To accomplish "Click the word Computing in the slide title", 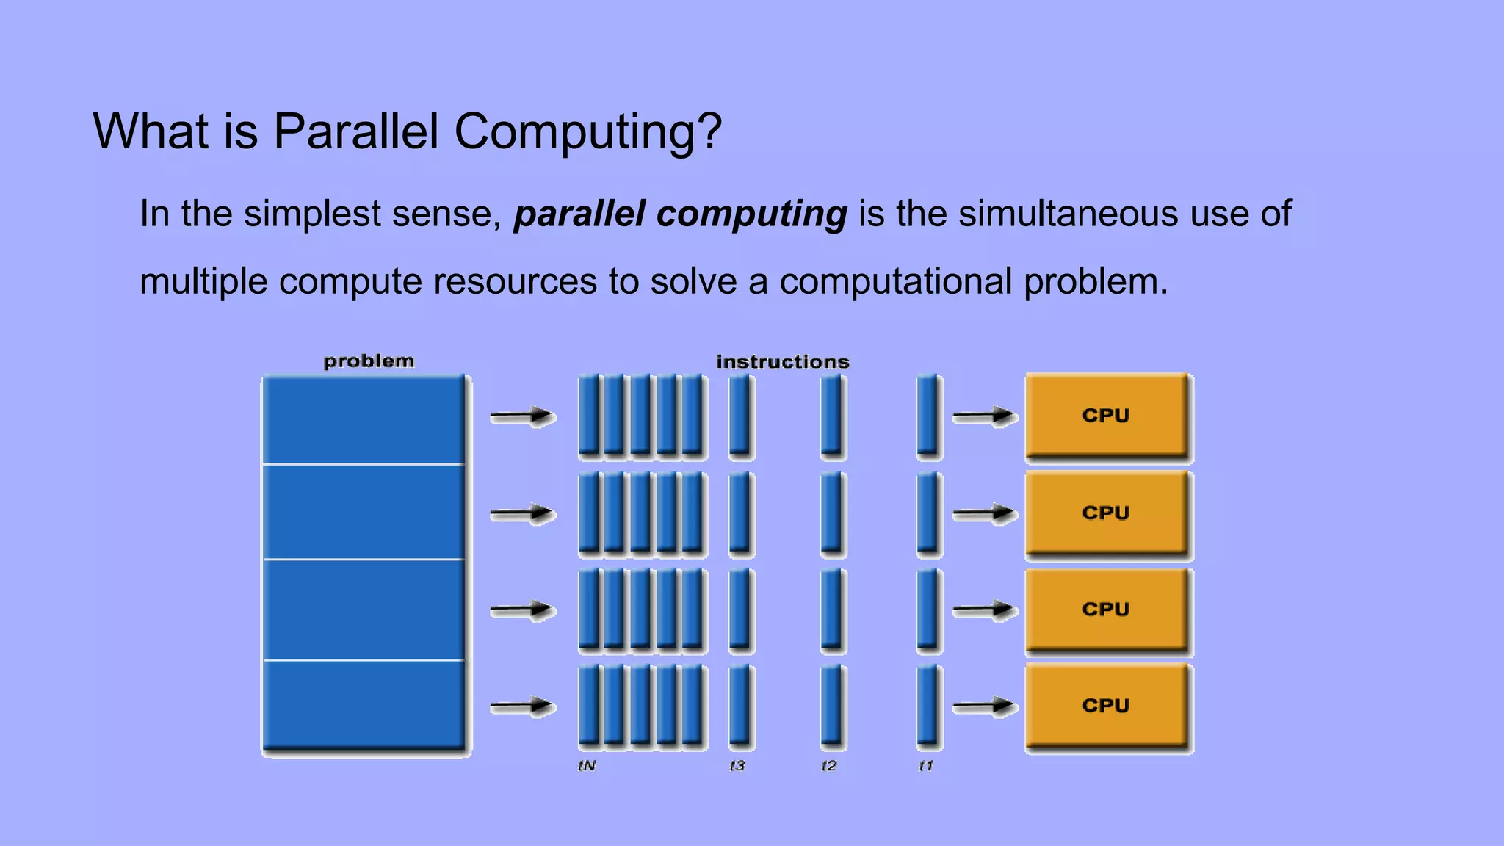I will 587,132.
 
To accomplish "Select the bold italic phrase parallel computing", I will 680,214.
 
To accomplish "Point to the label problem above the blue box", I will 369,361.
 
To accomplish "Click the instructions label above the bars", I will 782,362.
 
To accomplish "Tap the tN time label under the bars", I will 587,766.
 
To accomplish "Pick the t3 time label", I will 737,766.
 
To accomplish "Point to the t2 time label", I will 828,766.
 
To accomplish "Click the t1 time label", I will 926,766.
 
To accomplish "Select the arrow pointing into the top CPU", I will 984,416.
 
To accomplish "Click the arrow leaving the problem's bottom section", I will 522,706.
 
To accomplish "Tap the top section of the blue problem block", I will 364,420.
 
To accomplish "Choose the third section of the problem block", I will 364,610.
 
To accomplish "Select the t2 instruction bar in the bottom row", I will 831,706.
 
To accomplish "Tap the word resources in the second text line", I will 515,282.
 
